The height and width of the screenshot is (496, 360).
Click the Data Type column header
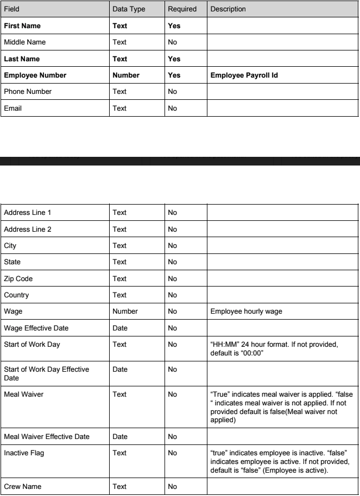click(x=128, y=10)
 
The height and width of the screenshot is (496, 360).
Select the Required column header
click(x=181, y=10)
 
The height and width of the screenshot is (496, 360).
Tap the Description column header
click(x=228, y=10)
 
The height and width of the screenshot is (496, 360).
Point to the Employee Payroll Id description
click(x=244, y=75)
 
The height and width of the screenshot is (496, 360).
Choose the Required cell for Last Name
click(x=174, y=59)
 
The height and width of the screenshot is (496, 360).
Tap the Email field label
click(x=12, y=109)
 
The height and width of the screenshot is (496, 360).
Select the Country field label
click(x=16, y=296)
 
